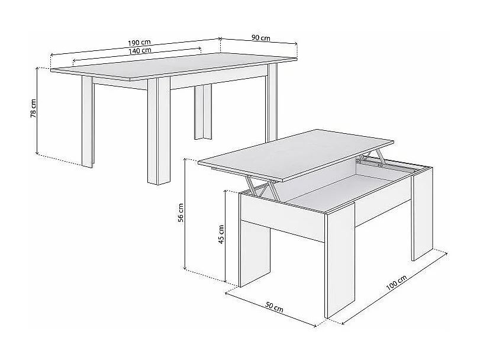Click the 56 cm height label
tap(182, 214)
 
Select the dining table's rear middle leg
tap(204, 112)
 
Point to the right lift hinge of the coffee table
tap(373, 159)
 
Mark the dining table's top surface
tap(178, 70)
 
